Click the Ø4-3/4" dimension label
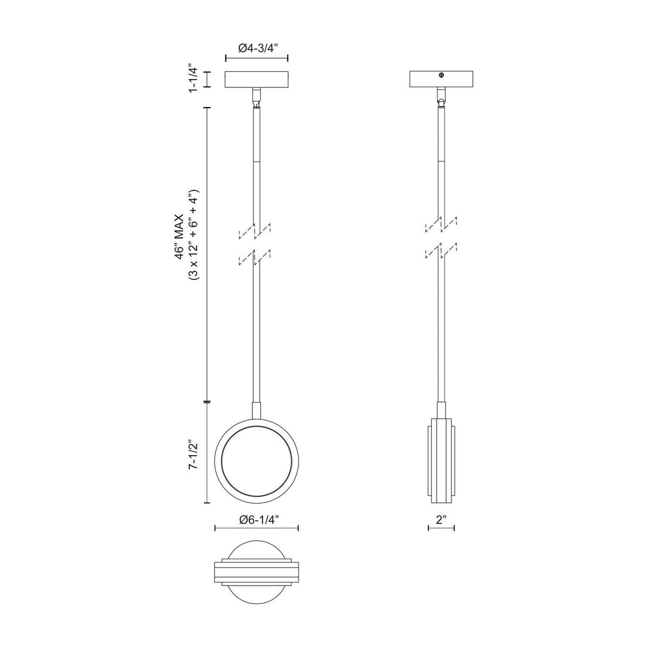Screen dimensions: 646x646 click(256, 48)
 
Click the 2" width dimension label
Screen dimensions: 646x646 click(441, 520)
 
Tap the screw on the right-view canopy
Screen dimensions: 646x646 click(441, 75)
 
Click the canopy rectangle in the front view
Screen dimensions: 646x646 click(256, 80)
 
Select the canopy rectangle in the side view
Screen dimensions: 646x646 click(441, 80)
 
